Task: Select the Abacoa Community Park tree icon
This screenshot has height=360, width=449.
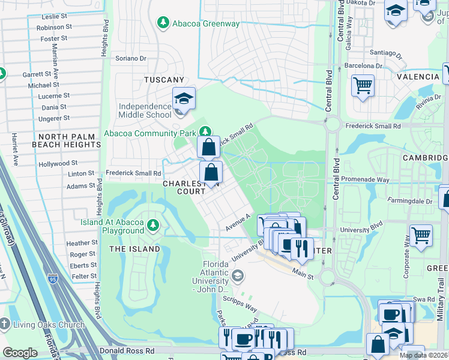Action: click(205, 131)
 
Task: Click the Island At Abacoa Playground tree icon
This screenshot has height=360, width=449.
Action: click(154, 225)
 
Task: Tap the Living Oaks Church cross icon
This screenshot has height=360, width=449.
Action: click(5, 325)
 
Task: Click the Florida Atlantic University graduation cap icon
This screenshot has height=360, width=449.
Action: click(238, 276)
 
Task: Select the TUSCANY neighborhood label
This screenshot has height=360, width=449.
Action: click(164, 80)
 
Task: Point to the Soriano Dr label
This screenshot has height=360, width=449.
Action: click(131, 58)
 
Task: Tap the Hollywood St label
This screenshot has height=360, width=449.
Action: click(58, 163)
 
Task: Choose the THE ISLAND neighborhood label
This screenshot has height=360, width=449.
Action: click(134, 249)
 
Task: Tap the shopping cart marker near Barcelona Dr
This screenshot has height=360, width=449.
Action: click(363, 85)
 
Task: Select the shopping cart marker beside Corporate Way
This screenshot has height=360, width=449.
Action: click(421, 235)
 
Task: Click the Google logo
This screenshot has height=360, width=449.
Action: click(20, 353)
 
